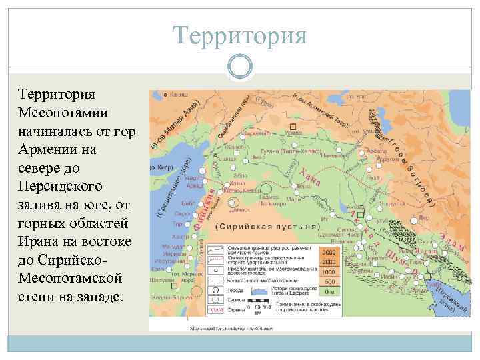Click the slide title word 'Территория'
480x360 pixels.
click(x=239, y=35)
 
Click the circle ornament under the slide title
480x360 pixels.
click(x=239, y=65)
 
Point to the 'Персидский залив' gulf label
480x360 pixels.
click(x=451, y=297)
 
